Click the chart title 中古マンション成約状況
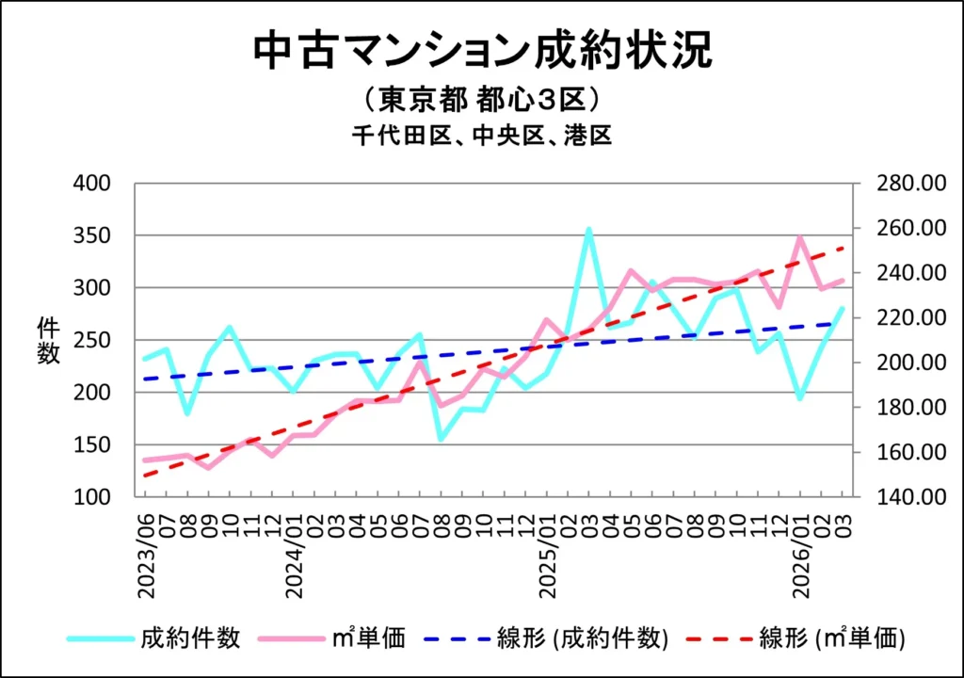(x=482, y=51)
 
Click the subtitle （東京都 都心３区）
(x=481, y=99)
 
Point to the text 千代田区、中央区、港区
(x=482, y=136)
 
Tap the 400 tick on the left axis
(x=93, y=183)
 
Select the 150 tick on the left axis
(x=93, y=444)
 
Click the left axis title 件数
(x=49, y=340)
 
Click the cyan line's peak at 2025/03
(x=588, y=229)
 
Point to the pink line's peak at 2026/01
(x=800, y=237)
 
